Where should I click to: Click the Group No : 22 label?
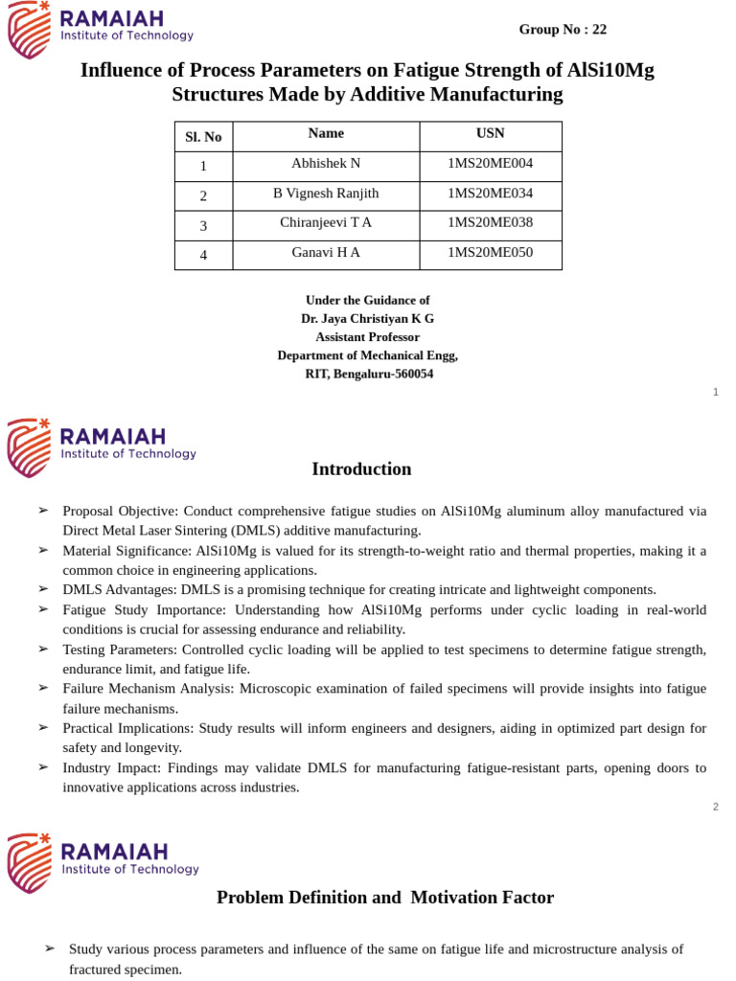click(x=563, y=30)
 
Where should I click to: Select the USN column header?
click(x=490, y=133)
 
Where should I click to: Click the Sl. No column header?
click(x=203, y=137)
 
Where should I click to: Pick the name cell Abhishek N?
click(x=326, y=163)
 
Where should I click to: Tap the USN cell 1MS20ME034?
click(x=490, y=193)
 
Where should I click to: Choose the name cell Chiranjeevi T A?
click(x=326, y=222)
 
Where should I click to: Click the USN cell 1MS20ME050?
click(x=490, y=252)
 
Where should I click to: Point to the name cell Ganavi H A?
click(x=326, y=252)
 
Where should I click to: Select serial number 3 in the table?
click(x=203, y=226)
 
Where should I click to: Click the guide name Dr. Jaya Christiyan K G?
click(x=367, y=318)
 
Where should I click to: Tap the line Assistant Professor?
click(x=367, y=337)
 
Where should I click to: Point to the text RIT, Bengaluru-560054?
click(x=369, y=374)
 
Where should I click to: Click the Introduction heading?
click(x=361, y=469)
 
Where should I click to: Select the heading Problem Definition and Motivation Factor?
click(x=385, y=898)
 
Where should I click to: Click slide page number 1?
click(x=715, y=392)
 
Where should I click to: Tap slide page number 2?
click(x=715, y=807)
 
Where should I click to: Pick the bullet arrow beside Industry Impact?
click(x=43, y=767)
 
